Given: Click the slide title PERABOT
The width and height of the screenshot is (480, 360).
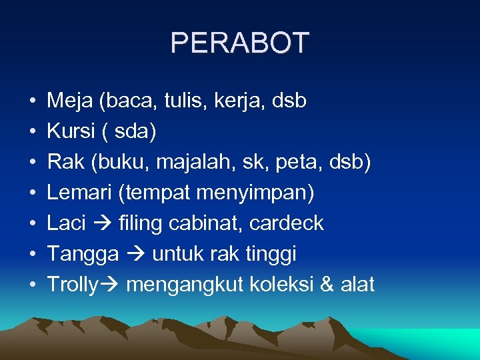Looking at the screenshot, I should (240, 43).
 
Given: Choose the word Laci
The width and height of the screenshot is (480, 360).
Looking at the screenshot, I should (66, 223).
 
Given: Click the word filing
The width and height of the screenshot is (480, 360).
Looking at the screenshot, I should (140, 223).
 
